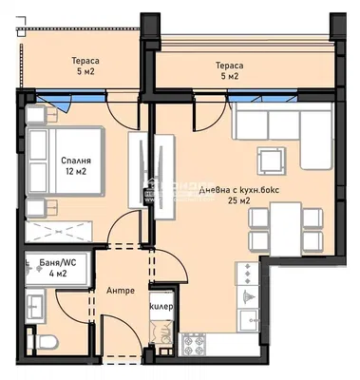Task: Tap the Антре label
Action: coord(120,290)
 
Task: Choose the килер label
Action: coord(160,306)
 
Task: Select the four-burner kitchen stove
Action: coord(194,348)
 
